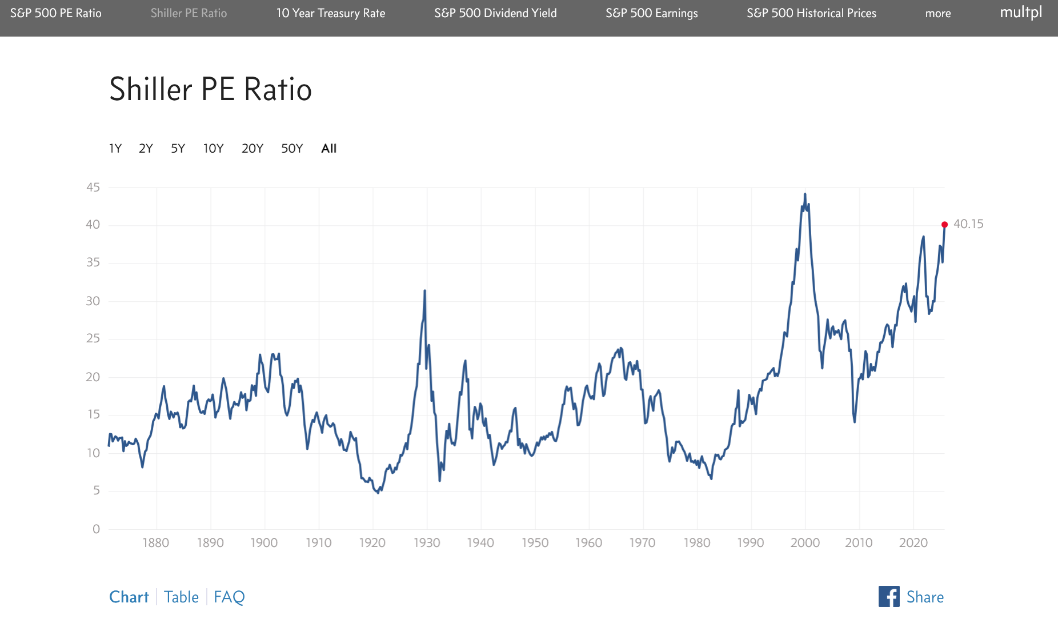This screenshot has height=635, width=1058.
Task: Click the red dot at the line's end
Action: click(944, 225)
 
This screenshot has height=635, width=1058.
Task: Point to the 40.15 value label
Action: click(968, 224)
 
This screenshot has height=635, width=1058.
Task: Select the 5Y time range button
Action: click(178, 149)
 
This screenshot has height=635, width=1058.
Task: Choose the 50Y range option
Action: click(291, 149)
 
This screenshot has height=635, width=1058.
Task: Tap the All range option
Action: click(328, 149)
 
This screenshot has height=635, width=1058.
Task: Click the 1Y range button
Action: click(115, 149)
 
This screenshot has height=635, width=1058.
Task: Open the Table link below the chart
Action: click(181, 597)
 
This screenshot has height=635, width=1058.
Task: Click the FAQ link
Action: click(229, 597)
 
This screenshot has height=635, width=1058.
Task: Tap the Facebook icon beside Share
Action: click(889, 597)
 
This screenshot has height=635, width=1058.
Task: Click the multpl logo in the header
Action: click(1021, 13)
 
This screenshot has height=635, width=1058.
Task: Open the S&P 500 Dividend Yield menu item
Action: click(495, 13)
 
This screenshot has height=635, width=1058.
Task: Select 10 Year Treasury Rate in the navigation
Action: click(331, 13)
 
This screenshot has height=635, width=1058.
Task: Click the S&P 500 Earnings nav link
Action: click(652, 13)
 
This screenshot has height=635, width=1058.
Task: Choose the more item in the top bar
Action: click(938, 13)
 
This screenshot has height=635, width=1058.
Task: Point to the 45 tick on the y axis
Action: click(93, 187)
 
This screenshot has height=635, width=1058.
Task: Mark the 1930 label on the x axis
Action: click(427, 542)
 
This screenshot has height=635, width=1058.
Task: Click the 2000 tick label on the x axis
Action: click(805, 542)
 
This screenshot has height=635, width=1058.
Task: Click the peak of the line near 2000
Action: click(805, 194)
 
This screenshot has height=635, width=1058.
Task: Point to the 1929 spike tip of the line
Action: click(424, 291)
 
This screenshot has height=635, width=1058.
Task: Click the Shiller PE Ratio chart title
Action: click(210, 89)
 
